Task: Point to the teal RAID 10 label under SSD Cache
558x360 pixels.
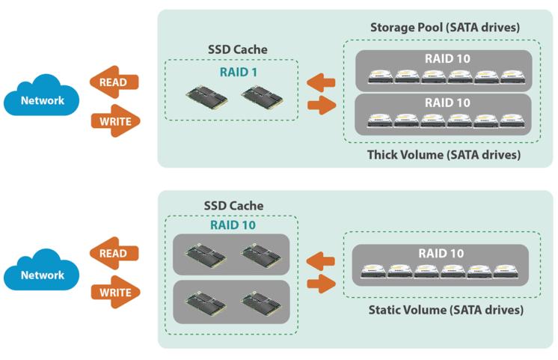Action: point(230,225)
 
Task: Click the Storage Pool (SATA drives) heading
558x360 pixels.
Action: point(444,28)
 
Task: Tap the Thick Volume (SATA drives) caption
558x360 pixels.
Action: point(444,155)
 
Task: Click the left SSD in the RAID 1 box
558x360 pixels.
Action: point(206,98)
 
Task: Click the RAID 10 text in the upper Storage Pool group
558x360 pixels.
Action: point(447,58)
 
